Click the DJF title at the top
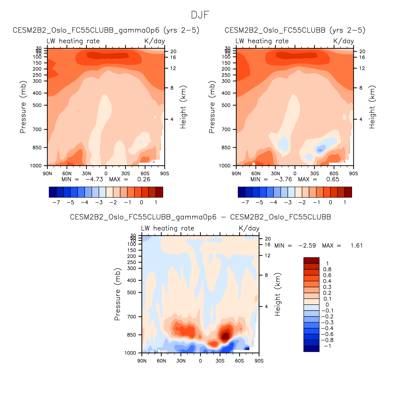(x=200, y=15)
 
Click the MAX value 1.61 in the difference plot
(x=356, y=246)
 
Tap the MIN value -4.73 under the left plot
(x=94, y=180)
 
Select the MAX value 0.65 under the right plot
(x=333, y=180)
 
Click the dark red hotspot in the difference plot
(x=226, y=335)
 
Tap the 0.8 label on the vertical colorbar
(x=327, y=270)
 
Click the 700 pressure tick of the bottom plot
(x=132, y=317)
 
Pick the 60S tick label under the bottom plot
(x=239, y=361)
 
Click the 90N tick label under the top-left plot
(x=47, y=174)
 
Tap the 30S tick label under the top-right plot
(x=314, y=174)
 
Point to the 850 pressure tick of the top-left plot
(x=37, y=148)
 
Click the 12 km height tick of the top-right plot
(x=362, y=68)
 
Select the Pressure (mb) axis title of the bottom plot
(x=117, y=294)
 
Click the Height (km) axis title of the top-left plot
(x=183, y=107)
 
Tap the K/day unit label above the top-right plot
(x=343, y=41)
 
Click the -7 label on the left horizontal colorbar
(x=56, y=202)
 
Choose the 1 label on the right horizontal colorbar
(x=345, y=202)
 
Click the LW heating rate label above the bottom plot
(x=168, y=228)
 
